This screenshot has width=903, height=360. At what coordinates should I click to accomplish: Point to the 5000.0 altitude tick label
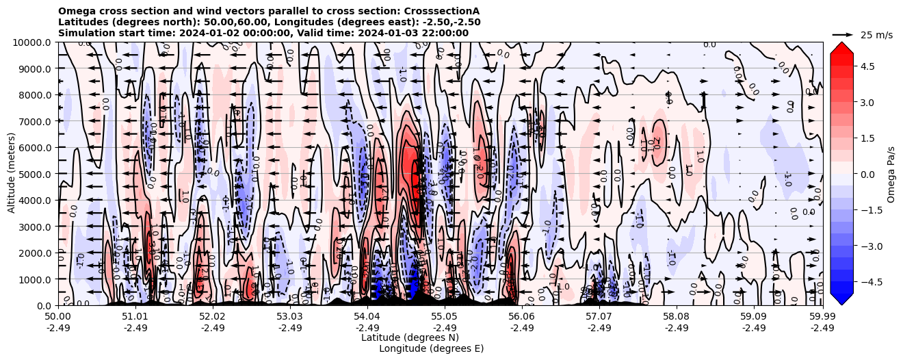coord(35,174)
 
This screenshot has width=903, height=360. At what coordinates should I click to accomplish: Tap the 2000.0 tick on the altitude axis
coord(35,253)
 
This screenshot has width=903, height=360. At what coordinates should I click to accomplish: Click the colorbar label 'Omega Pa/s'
coord(891,174)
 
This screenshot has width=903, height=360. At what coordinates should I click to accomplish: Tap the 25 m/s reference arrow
coord(843,34)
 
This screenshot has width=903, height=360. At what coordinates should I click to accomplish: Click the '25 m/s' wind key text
coord(876,35)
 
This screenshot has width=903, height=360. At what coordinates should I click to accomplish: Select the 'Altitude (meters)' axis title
coord(12,174)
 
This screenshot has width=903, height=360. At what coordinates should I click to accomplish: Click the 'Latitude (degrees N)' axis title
coord(410,337)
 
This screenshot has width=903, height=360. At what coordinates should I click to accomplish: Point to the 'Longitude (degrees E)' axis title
coord(431,348)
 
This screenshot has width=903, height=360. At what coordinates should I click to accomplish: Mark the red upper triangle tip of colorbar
coord(842,43)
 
